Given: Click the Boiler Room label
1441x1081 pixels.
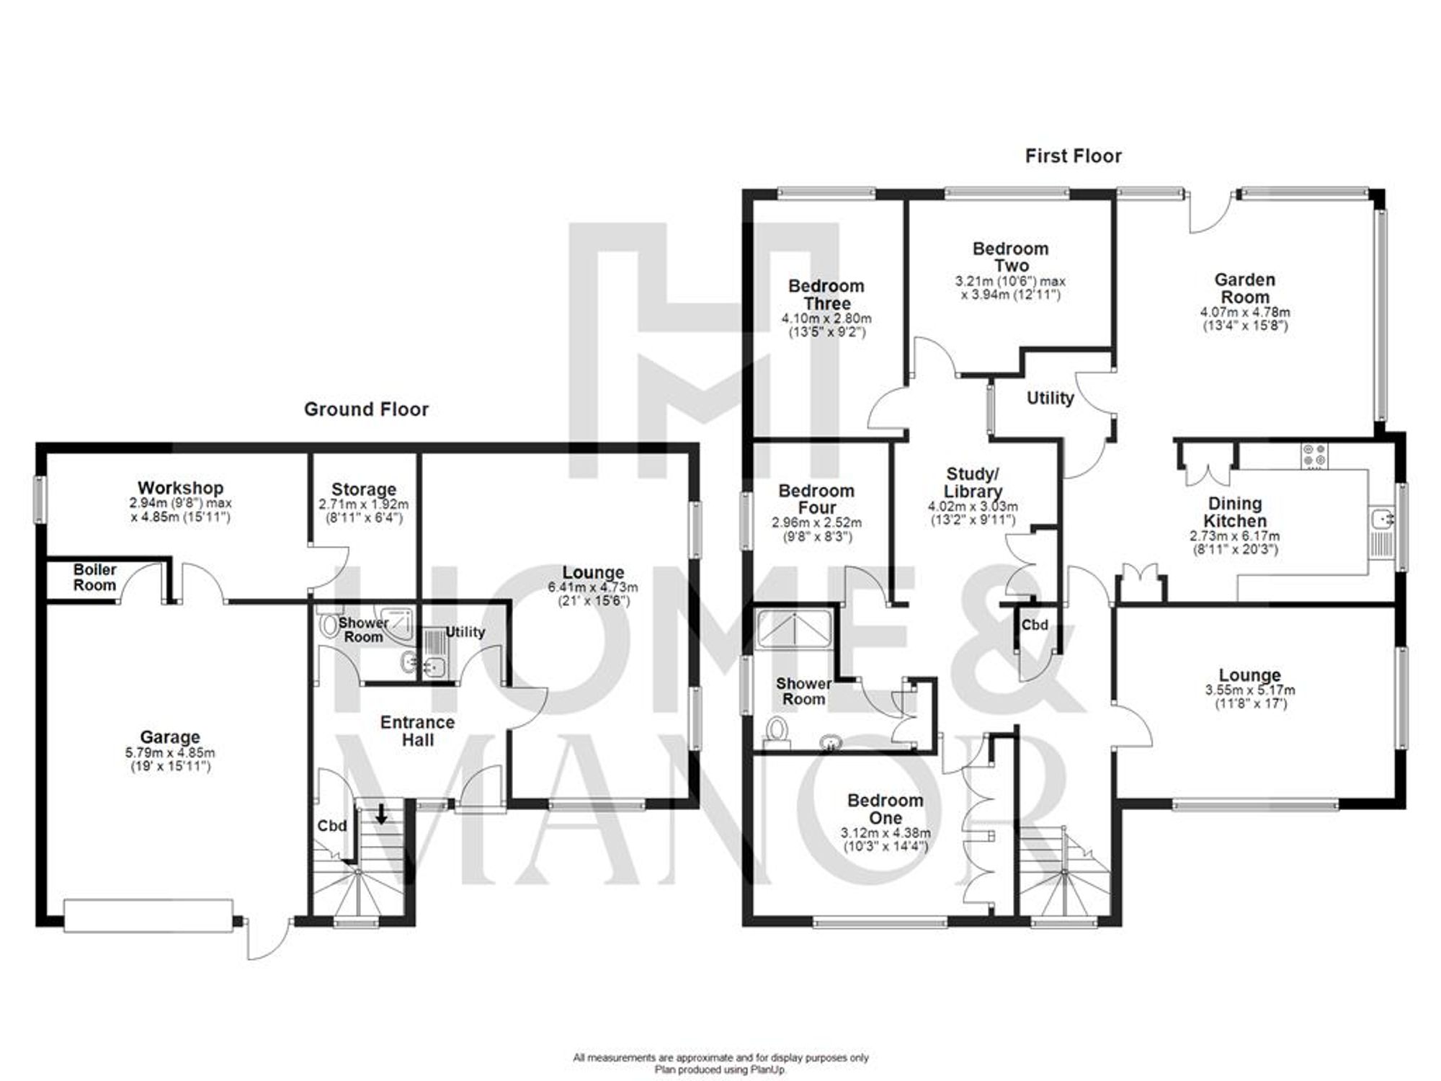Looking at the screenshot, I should point(94,578).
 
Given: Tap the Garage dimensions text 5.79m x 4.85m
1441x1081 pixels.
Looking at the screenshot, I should point(169,753).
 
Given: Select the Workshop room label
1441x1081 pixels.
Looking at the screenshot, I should point(180,488).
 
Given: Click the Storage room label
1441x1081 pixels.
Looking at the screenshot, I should point(363,489).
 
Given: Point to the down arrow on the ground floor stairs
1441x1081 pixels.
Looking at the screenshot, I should point(381,815).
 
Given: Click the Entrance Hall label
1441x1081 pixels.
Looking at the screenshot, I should point(417,731).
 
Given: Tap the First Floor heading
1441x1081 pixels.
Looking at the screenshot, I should point(1073,156).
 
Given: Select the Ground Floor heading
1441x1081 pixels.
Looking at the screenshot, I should point(366,409).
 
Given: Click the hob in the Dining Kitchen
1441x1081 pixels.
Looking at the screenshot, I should point(1313,455).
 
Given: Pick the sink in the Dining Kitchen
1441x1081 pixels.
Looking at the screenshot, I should point(1380,519).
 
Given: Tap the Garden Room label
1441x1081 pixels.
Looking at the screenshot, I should point(1244,288).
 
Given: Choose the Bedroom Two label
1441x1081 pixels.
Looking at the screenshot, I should point(1010,257).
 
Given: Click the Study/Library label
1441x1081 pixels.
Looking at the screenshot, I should point(973,483).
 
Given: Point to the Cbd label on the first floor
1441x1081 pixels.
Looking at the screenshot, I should point(1035,625).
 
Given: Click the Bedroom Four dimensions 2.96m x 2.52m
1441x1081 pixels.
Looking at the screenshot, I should point(816,522).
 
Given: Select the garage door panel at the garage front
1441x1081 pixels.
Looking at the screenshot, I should point(148,915).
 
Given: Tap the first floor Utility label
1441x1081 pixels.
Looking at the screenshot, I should point(1050,398).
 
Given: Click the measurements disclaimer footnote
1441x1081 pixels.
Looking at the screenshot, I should point(720,1058).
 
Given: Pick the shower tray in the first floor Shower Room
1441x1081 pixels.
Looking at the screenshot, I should point(793,629).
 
